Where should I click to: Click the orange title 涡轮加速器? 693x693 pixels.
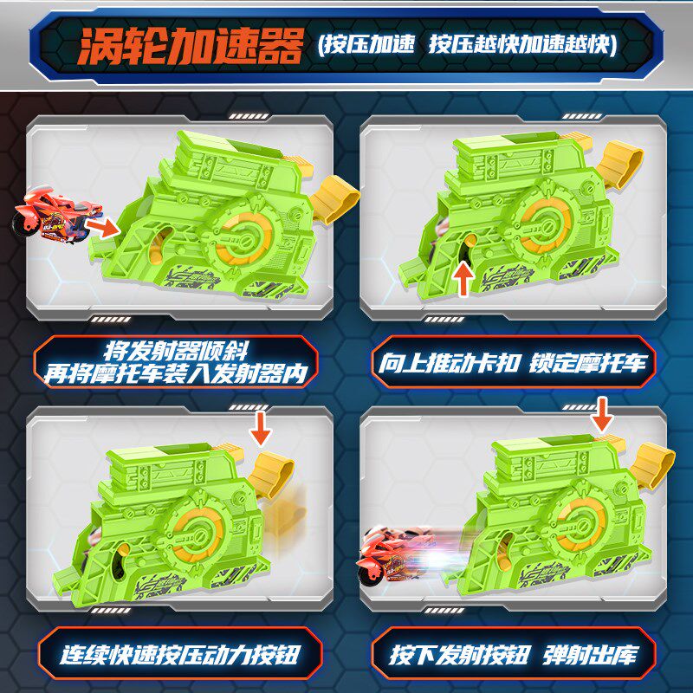(190, 46)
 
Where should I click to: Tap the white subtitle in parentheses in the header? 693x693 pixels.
(467, 45)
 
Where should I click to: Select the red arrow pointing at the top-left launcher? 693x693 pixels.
(102, 228)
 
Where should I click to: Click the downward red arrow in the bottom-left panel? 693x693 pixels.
(261, 428)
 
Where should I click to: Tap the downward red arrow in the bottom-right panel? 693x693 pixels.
(602, 415)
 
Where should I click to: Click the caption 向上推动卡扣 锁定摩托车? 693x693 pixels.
(513, 363)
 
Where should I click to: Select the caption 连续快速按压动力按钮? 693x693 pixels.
(180, 655)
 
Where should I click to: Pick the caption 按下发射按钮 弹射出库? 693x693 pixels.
(514, 655)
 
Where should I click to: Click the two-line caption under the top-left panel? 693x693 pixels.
(176, 362)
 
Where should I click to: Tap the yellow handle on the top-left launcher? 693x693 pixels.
(334, 198)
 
